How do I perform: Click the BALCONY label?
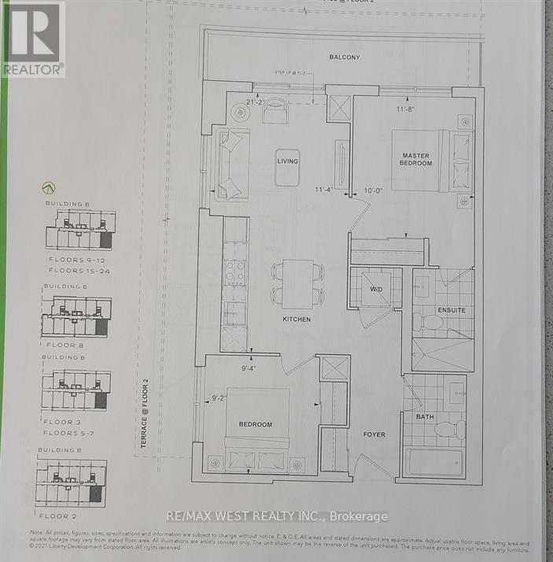coord(345,57)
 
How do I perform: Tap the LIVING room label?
coord(287,161)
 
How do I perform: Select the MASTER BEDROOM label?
coord(416,159)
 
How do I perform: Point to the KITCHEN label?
coord(297,320)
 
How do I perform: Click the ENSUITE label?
coord(452,310)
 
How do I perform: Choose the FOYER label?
coord(374,434)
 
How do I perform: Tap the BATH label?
coord(425,417)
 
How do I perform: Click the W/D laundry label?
coord(376,290)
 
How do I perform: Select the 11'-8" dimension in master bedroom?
coord(406,109)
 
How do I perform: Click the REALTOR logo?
coord(32,39)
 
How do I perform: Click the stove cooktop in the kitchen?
coord(235,272)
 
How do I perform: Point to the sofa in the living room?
coord(234,165)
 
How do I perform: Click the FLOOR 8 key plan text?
coord(65,346)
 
